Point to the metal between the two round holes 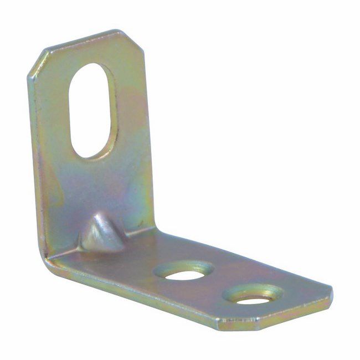(x=219, y=284)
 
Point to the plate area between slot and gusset (x=94, y=183)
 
